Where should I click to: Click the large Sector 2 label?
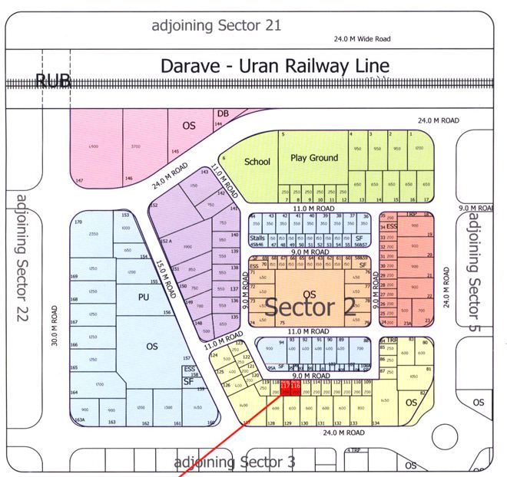pos(311,308)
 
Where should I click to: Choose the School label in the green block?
pos(257,162)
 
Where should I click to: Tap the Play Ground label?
pos(314,157)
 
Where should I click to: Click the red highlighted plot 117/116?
pos(289,389)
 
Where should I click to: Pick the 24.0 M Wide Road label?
pos(362,38)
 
